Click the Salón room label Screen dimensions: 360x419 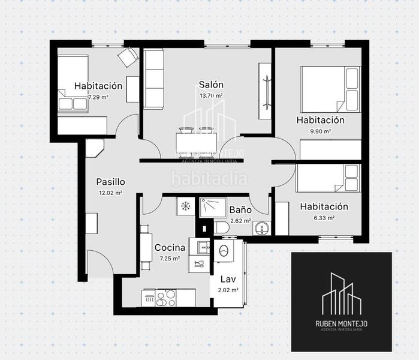click(x=212, y=85)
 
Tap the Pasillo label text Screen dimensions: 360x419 click(x=110, y=182)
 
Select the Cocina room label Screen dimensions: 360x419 click(x=169, y=247)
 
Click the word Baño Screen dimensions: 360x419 click(x=240, y=211)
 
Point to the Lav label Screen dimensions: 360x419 click(x=228, y=279)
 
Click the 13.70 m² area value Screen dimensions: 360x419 click(x=211, y=95)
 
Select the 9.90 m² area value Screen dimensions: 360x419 click(x=319, y=130)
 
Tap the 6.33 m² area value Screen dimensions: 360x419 click(x=323, y=217)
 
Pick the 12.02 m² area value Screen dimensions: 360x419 click(x=110, y=193)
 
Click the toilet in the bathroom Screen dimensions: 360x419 click(x=221, y=228)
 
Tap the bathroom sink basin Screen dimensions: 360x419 click(x=259, y=228)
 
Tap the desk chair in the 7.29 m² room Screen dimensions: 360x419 click(x=127, y=57)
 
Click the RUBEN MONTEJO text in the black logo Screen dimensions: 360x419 click(x=341, y=324)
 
